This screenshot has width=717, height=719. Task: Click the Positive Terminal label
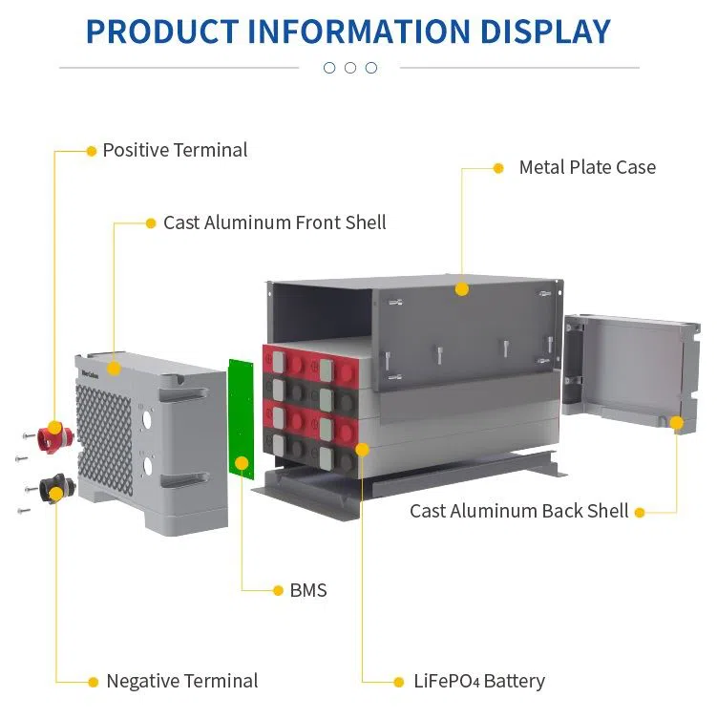click(x=175, y=150)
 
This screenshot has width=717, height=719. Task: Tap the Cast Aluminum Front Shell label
click(x=274, y=222)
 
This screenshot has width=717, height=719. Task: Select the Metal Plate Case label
click(x=587, y=167)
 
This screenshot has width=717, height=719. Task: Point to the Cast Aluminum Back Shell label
click(x=518, y=511)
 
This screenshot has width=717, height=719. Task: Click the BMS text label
click(x=308, y=590)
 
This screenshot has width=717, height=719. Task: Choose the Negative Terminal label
click(x=181, y=681)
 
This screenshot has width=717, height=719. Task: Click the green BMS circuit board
click(x=239, y=420)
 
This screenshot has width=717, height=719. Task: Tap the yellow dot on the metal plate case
click(x=462, y=288)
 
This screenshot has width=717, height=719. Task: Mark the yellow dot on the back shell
click(x=676, y=422)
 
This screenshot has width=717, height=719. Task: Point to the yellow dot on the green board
click(x=242, y=463)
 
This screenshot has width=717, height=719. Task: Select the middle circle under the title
click(x=350, y=68)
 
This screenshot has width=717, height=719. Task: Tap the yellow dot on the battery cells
click(x=362, y=448)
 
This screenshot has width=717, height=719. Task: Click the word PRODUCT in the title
click(x=161, y=31)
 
